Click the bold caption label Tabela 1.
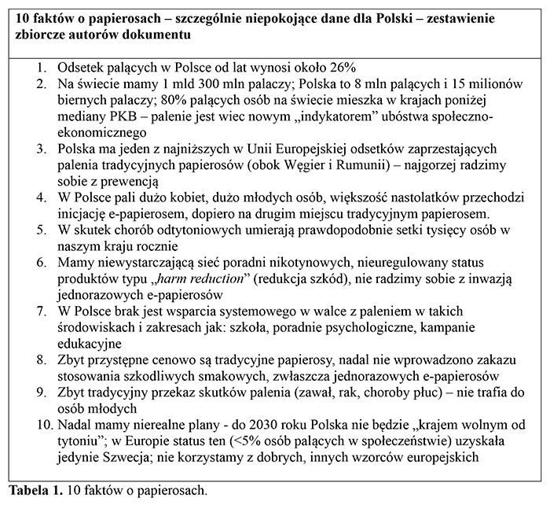pos(33,490)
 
